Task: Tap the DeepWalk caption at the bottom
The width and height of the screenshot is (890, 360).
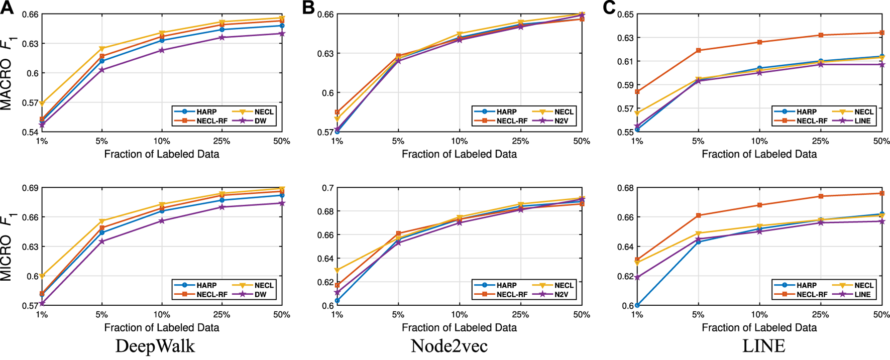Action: pyautogui.click(x=155, y=346)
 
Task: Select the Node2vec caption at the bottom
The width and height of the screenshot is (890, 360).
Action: pyautogui.click(x=449, y=346)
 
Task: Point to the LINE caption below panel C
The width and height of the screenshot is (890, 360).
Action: pyautogui.click(x=763, y=346)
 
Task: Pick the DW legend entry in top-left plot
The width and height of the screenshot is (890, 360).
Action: pyautogui.click(x=260, y=121)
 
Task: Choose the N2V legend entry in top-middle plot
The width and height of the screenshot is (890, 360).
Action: pyautogui.click(x=561, y=121)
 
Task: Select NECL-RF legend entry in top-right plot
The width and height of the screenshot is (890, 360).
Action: pyautogui.click(x=812, y=121)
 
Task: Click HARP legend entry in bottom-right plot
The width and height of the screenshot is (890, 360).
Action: pyautogui.click(x=807, y=285)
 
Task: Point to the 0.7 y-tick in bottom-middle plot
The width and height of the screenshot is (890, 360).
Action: pyautogui.click(x=328, y=188)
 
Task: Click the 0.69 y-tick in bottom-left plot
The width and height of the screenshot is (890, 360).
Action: pyautogui.click(x=30, y=188)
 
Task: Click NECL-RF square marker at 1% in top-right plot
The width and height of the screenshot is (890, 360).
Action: pyautogui.click(x=637, y=92)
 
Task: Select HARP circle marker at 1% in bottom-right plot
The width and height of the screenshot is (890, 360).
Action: pyautogui.click(x=637, y=305)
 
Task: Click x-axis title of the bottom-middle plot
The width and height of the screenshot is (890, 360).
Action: pyautogui.click(x=459, y=327)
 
